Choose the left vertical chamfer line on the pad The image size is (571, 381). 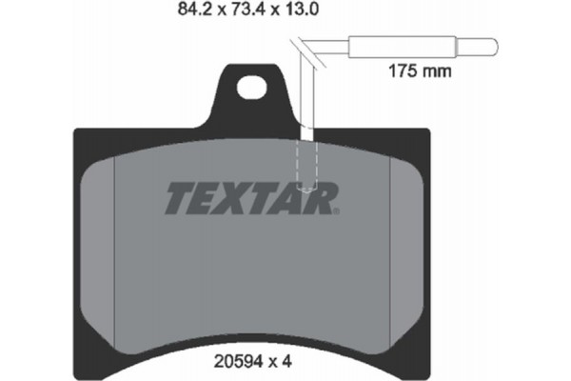[x=113, y=238]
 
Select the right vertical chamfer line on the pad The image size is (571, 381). [x=392, y=238]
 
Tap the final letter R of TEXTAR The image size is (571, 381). [x=323, y=198]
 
